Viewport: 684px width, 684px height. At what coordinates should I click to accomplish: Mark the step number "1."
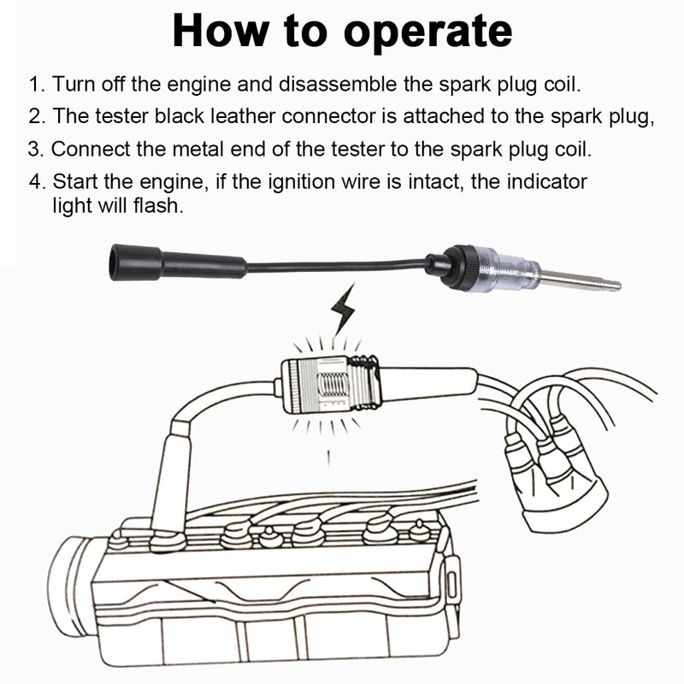[x=36, y=85]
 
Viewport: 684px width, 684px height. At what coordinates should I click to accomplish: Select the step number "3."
[x=36, y=148]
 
